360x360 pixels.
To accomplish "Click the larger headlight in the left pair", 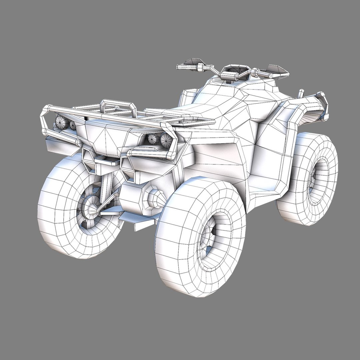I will (61, 122).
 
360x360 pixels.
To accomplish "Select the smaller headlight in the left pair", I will (73, 125).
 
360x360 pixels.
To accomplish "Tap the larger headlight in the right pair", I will (165, 140).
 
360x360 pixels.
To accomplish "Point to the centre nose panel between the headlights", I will (105, 137).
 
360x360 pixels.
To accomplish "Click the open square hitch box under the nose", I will (107, 162).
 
